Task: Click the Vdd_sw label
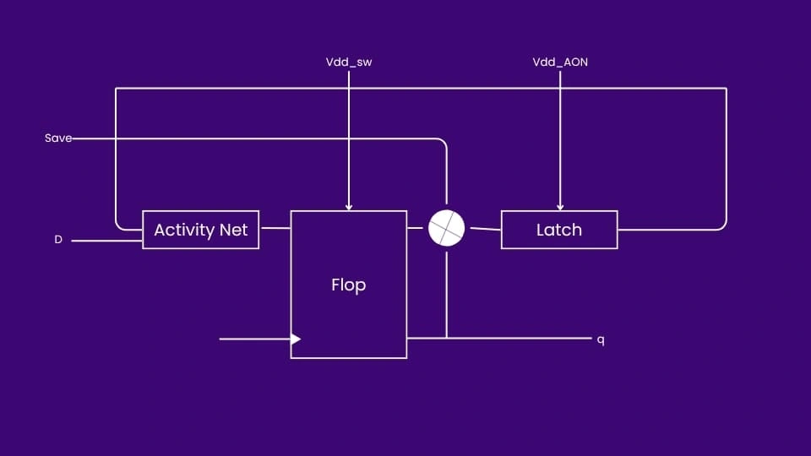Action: point(348,62)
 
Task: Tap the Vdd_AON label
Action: point(559,62)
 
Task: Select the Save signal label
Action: point(58,138)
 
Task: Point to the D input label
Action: point(58,240)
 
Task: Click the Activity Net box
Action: point(200,230)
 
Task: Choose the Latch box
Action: point(559,230)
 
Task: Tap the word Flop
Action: point(348,285)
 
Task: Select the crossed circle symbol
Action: point(446,228)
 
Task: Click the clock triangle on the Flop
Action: point(296,339)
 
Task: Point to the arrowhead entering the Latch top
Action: point(559,206)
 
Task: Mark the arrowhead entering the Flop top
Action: point(348,206)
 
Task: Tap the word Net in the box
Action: point(234,230)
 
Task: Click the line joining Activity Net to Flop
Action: point(275,228)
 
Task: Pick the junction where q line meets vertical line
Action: point(446,338)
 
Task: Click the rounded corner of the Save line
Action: point(442,142)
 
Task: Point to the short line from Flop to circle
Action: point(417,228)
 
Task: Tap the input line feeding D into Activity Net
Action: point(106,241)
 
